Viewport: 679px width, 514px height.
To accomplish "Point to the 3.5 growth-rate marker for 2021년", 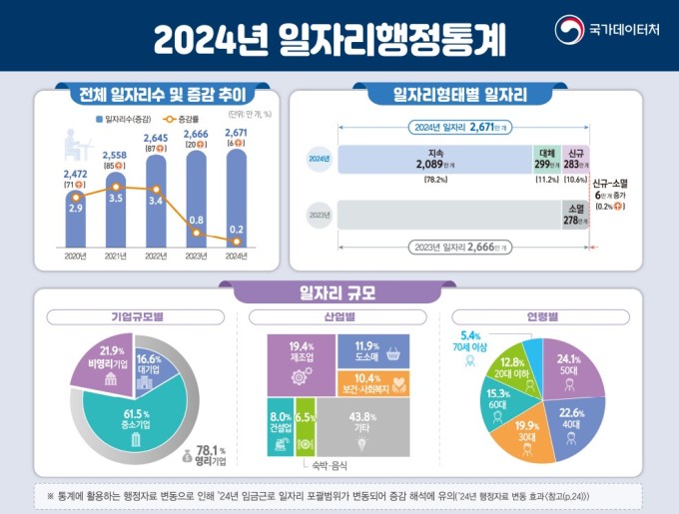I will tap(118, 187).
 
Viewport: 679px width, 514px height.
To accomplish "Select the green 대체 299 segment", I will tap(546, 160).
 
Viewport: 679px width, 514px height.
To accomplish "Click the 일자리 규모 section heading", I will tap(338, 292).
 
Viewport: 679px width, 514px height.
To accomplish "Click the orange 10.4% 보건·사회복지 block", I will tap(374, 381).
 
